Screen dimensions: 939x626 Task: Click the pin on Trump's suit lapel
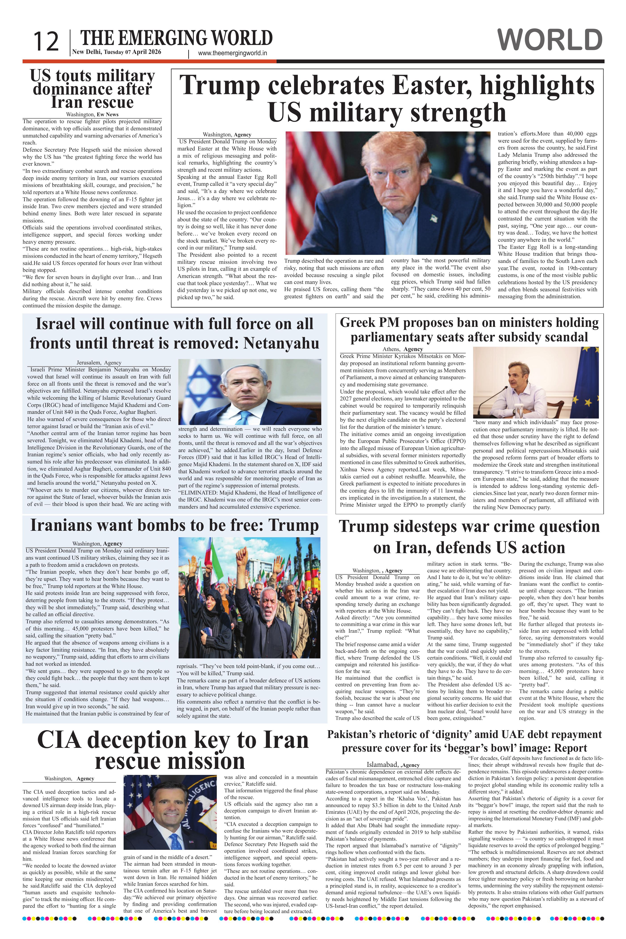434,218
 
